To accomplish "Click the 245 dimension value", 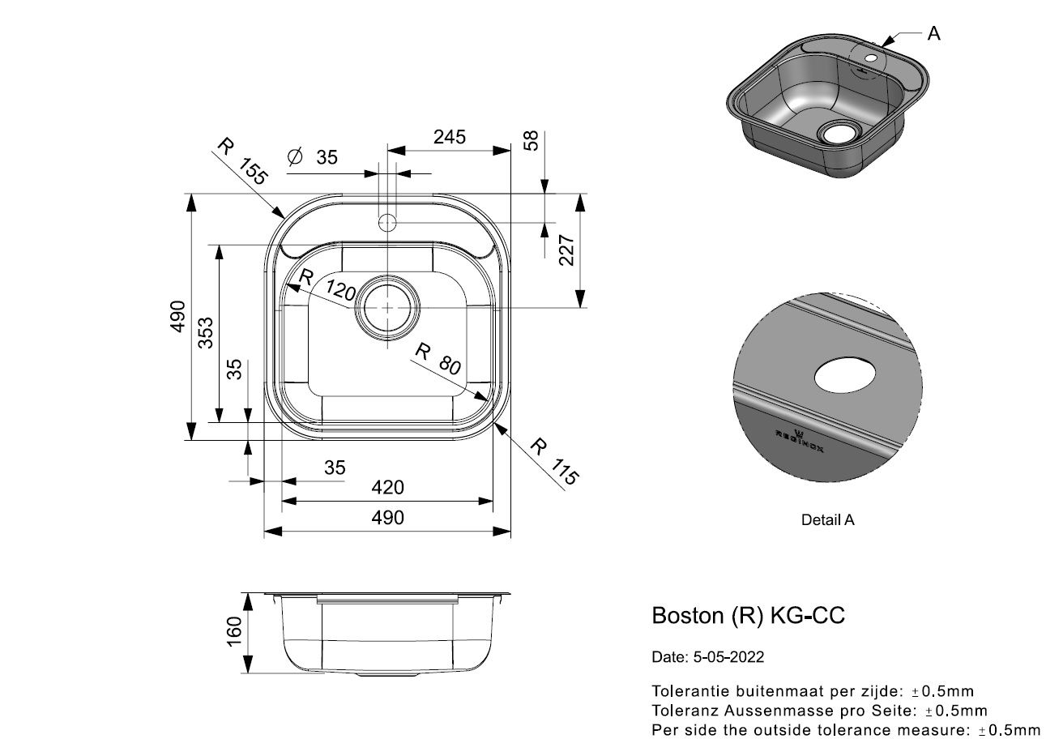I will point(449,137).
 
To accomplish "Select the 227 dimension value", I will point(566,250).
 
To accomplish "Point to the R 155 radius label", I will point(242,161).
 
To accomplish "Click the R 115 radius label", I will point(554,460).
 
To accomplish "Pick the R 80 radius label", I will point(438,359).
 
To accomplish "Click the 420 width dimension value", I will point(387,487).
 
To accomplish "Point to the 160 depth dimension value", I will point(234,632).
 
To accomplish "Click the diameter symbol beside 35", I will point(295,157).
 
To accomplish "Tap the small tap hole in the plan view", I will point(387,221).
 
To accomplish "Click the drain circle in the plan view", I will point(388,307).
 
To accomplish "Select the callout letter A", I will point(933,33).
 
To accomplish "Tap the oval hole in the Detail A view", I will point(844,377).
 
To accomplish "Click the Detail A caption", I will point(827,520).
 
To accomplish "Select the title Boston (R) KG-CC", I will point(748,616).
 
